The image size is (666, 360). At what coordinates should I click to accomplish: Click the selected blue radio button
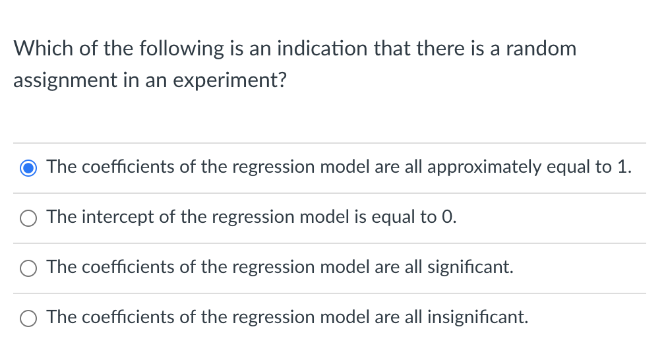click(x=28, y=168)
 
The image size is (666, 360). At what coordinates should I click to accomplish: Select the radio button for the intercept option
click(x=28, y=218)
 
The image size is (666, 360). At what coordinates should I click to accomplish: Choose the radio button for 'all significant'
click(x=28, y=268)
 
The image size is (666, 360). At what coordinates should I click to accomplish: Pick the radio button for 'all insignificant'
click(x=28, y=318)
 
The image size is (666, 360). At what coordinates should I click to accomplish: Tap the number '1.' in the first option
click(x=624, y=167)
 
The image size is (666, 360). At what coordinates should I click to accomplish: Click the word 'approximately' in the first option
click(x=484, y=167)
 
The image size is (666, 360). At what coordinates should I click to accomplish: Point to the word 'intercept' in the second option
click(x=121, y=217)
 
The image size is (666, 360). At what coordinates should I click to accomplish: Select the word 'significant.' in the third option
click(x=470, y=267)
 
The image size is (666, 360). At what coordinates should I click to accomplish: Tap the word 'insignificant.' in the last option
click(x=477, y=317)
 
